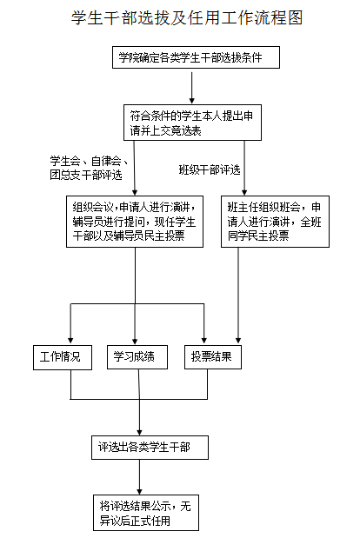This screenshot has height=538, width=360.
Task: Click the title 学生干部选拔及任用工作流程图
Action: click(x=187, y=18)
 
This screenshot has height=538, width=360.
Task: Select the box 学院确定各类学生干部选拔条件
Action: click(x=196, y=57)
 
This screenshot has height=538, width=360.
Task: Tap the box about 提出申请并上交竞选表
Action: click(x=192, y=123)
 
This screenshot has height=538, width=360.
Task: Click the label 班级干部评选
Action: click(x=210, y=169)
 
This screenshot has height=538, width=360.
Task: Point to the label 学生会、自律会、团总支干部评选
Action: click(x=89, y=168)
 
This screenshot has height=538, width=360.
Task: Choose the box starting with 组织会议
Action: click(x=135, y=222)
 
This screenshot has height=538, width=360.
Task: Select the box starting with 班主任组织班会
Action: click(x=276, y=222)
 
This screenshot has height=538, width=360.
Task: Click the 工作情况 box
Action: click(x=63, y=357)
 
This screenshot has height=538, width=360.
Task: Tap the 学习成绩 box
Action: click(x=137, y=357)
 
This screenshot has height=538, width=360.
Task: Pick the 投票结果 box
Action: click(x=213, y=357)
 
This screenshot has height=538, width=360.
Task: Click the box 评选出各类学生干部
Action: click(x=150, y=448)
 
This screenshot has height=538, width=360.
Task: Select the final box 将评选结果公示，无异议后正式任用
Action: click(x=146, y=513)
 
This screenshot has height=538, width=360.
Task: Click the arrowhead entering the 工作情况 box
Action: click(x=70, y=341)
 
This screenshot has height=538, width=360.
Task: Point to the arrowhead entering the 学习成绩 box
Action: click(x=135, y=341)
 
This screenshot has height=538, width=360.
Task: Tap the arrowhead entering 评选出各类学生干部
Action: click(x=139, y=432)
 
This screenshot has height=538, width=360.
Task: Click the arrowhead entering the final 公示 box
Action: click(x=140, y=491)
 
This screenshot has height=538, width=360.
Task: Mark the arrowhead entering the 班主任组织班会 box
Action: click(x=244, y=192)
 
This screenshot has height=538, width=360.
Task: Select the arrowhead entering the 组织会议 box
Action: click(x=135, y=192)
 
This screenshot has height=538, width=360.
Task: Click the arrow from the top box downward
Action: click(x=192, y=88)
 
